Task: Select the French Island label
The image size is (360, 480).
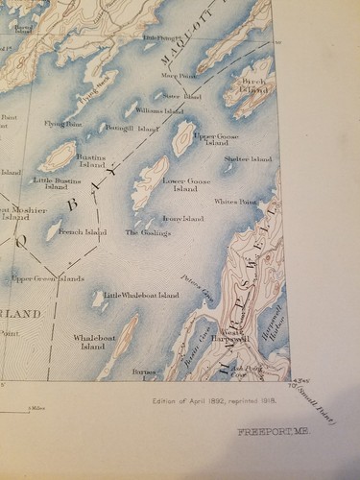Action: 83,232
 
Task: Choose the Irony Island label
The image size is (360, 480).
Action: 183,219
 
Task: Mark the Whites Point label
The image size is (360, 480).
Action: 235,202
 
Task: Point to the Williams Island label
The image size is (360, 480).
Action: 159,111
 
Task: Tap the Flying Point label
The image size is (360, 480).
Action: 61,124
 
